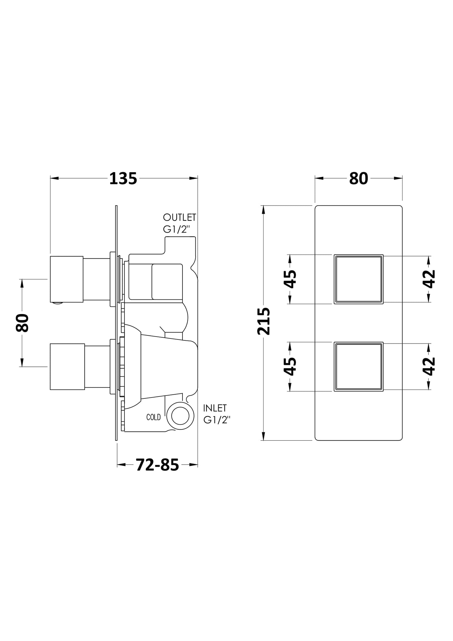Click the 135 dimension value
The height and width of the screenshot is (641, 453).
point(123,179)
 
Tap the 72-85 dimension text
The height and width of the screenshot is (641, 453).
point(157,465)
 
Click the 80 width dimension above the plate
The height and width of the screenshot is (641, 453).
point(358,179)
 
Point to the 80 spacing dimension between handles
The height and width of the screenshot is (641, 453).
point(22,323)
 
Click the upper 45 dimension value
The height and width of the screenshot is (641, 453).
point(290,279)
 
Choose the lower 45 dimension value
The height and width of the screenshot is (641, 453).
point(290,366)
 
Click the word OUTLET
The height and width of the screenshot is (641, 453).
point(179,217)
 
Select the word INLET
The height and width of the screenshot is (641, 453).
point(215,408)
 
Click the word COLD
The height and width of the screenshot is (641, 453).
point(154,417)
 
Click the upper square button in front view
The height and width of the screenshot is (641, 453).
point(359,279)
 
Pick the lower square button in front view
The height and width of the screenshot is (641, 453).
point(359,366)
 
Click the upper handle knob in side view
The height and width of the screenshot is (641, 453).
point(66,279)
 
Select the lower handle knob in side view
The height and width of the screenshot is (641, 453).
point(67,366)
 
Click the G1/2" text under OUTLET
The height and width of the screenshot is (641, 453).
point(177,229)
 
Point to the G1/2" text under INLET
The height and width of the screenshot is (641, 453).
point(217,420)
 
